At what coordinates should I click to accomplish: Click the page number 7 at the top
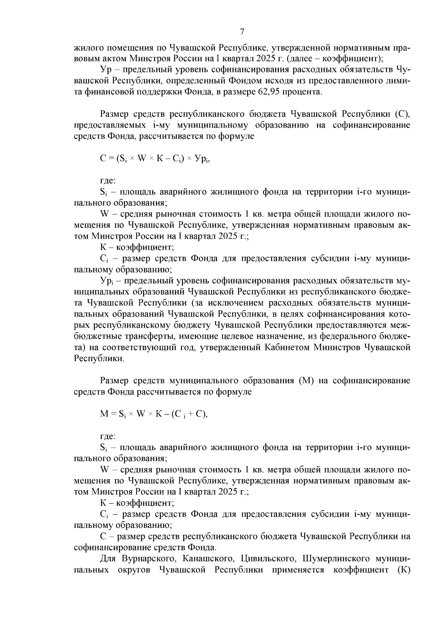pos(242,32)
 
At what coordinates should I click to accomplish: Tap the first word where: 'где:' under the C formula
pos(108,181)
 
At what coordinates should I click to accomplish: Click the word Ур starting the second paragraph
pos(106,69)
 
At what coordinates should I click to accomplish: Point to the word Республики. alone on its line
pos(99,359)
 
